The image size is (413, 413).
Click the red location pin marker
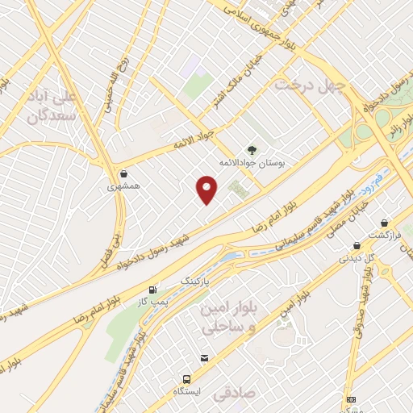click(208, 189)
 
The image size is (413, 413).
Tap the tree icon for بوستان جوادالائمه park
click(251, 148)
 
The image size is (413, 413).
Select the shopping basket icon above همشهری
click(123, 173)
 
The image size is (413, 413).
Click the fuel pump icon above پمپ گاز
click(152, 290)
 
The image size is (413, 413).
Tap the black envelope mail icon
click(204, 357)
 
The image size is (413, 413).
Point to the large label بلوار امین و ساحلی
click(227, 319)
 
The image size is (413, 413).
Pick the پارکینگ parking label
click(198, 281)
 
